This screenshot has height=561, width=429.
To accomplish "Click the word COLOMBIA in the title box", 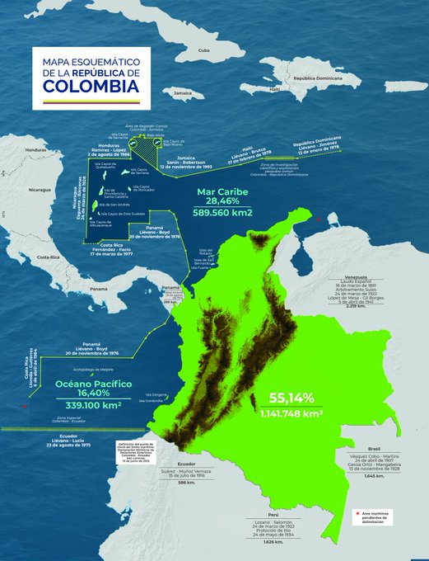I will pos(86,85).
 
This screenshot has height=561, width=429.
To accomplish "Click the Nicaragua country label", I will pos(40,189).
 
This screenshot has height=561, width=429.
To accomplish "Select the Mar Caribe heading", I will pos(218,189).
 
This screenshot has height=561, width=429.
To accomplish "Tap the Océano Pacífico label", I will pos(93,384).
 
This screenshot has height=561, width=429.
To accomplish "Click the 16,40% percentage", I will pos(93,395).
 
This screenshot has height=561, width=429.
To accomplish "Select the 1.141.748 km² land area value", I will pos(291,412).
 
